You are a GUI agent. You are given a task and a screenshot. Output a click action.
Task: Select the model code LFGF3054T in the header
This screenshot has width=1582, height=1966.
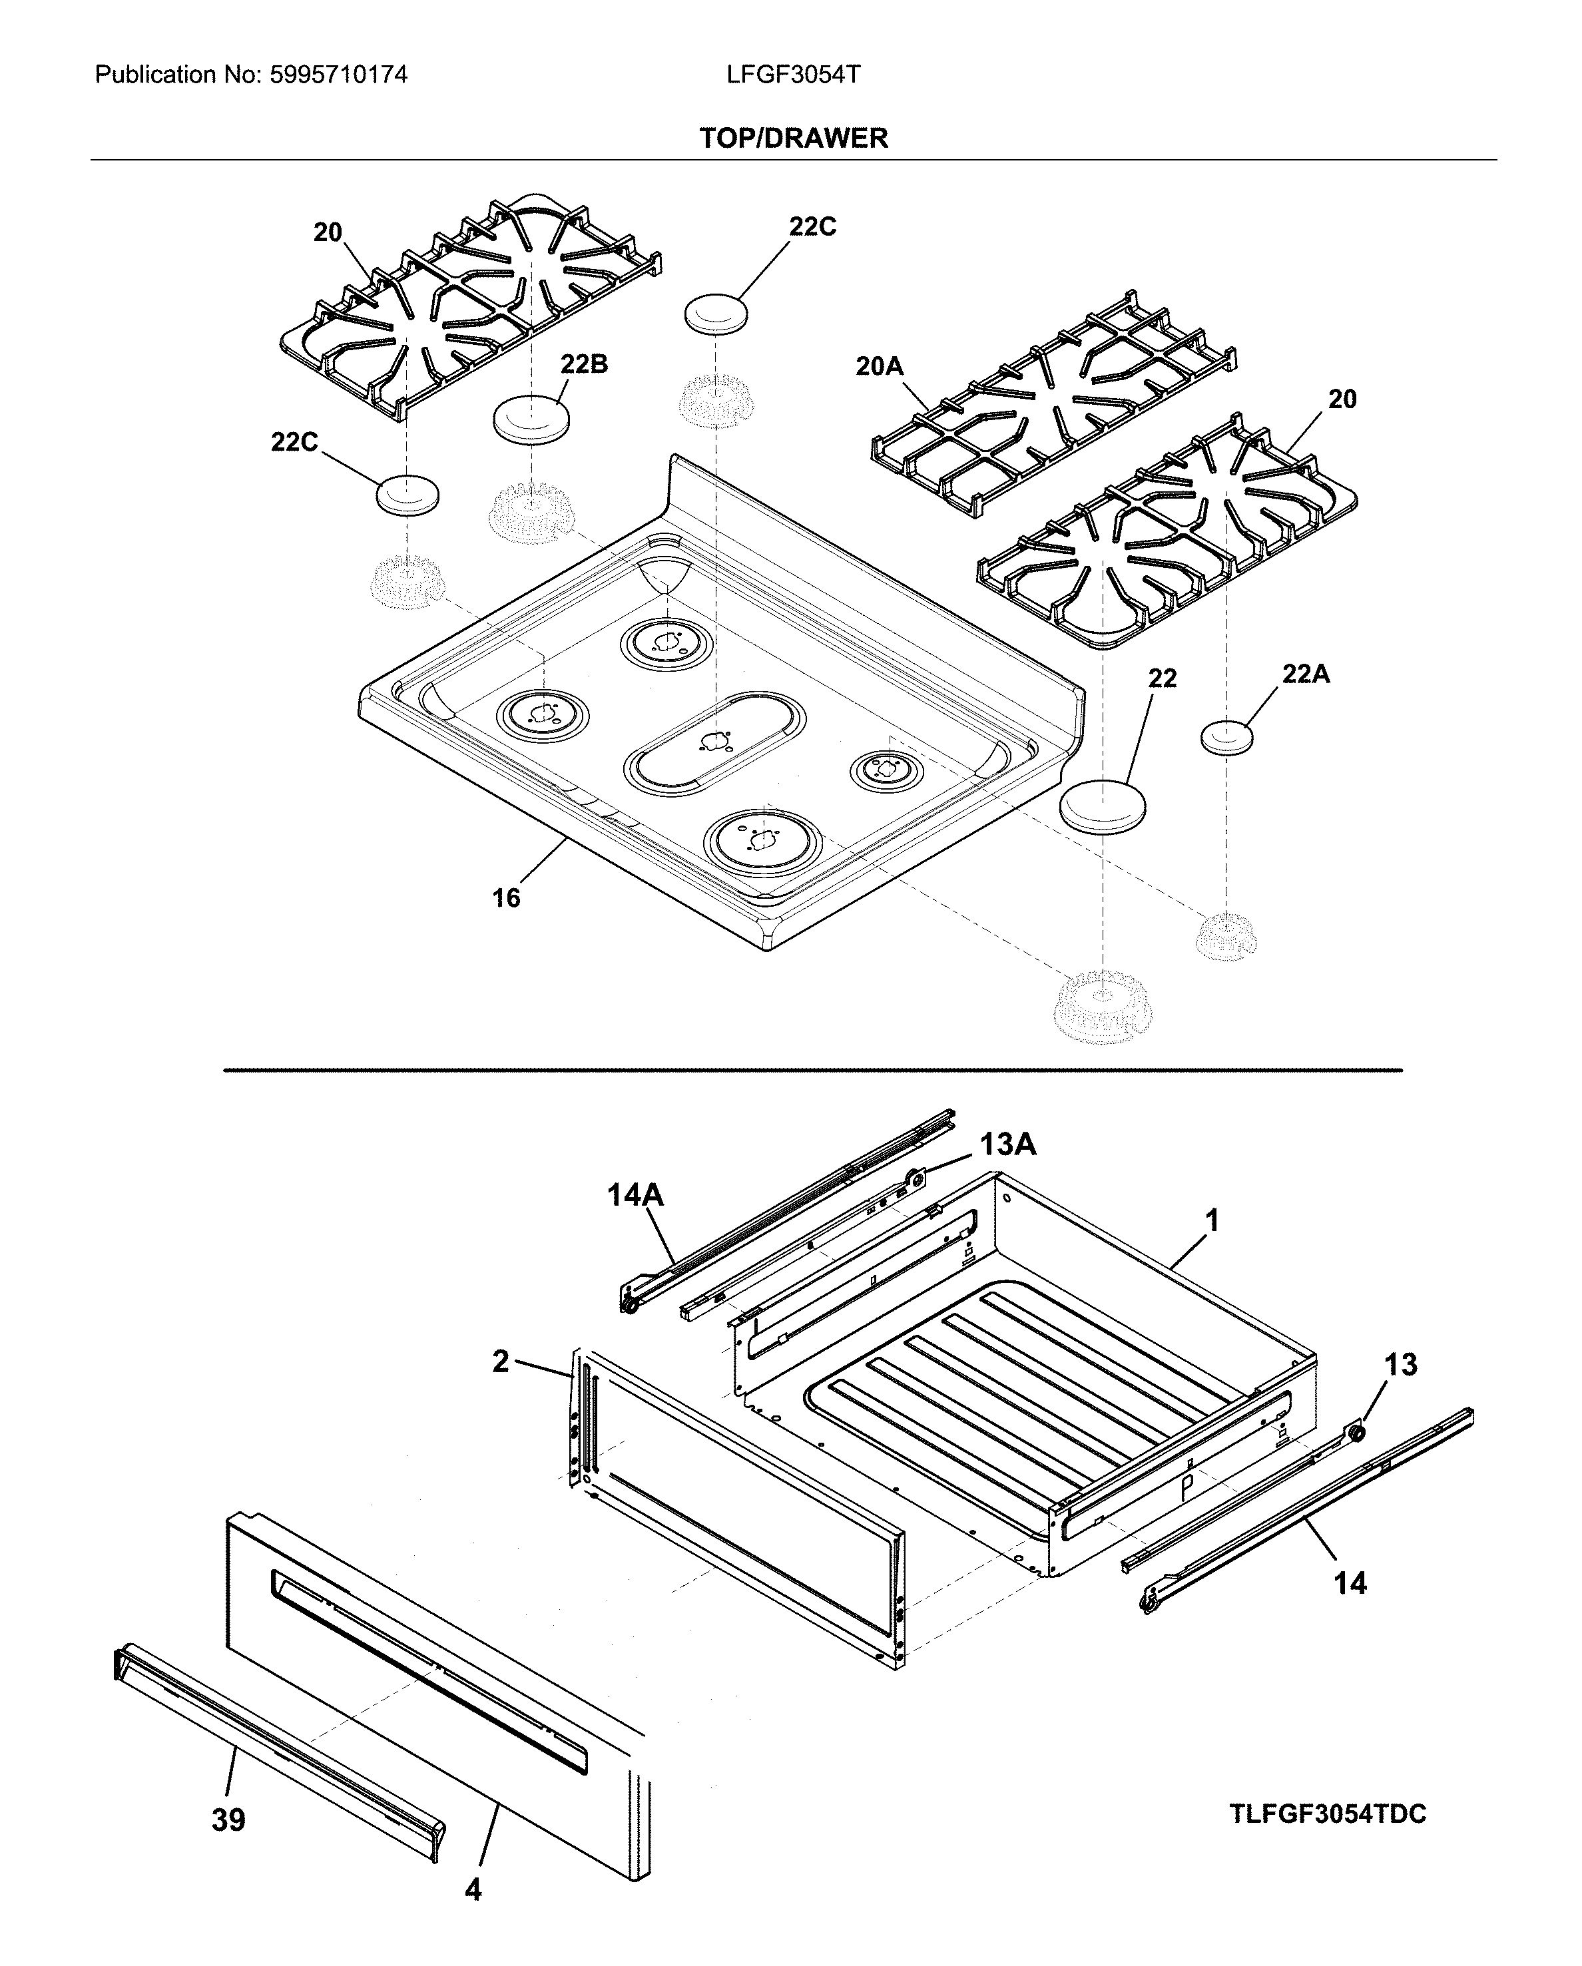coord(792,75)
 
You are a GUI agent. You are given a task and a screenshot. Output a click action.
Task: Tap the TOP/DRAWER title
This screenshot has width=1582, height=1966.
coord(792,138)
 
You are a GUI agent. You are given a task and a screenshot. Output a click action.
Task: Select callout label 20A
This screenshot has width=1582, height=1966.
coord(879,367)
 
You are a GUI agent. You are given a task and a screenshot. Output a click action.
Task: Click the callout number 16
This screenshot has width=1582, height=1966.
coord(506,898)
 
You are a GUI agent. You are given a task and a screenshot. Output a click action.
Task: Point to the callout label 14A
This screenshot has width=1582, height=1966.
coord(636,1194)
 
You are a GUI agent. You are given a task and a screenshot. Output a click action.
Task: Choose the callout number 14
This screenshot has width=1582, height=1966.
coord(1350,1583)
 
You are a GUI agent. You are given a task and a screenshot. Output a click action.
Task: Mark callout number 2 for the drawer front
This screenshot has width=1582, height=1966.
coord(501,1361)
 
